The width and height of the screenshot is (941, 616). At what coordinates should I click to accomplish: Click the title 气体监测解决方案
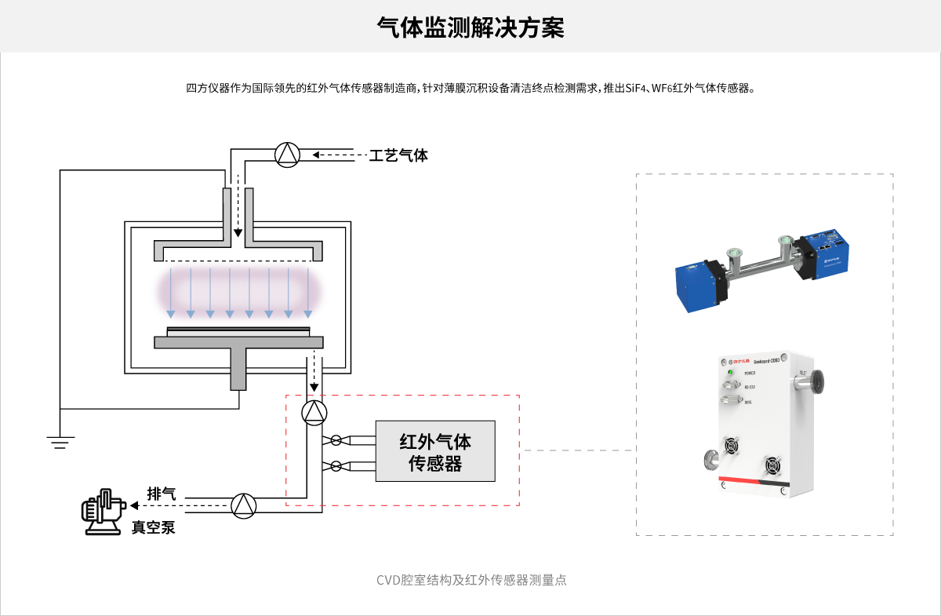[470, 28]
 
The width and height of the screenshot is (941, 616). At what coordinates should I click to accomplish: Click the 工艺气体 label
[398, 155]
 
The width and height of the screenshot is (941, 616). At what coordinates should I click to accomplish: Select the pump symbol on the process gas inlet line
[288, 155]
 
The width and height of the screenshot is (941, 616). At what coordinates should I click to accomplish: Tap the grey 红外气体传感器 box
[435, 451]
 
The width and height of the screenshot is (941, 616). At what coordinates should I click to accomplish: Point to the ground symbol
[59, 441]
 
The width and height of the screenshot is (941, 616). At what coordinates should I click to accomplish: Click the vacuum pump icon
[103, 511]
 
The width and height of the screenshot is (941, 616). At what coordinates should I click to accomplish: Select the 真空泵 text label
[153, 527]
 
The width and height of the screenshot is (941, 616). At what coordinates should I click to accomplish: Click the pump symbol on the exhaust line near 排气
[244, 505]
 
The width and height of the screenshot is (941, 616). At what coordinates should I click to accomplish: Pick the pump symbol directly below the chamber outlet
[314, 411]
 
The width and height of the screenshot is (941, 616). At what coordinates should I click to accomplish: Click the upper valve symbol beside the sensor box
[336, 440]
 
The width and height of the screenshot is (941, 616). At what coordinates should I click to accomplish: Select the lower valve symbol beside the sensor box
[336, 466]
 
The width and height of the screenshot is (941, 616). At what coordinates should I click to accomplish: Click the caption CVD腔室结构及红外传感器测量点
[471, 581]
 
